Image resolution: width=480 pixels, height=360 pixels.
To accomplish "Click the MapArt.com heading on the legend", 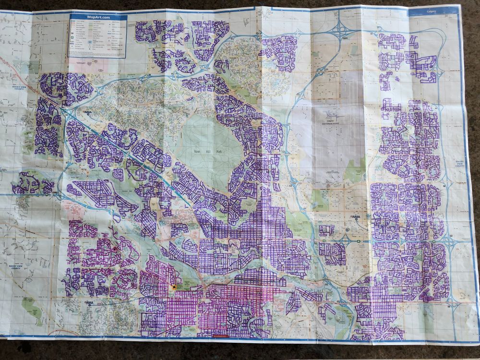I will point(98,17).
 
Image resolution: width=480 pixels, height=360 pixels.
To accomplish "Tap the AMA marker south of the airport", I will point(356,217).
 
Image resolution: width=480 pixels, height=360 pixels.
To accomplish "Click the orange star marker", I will point(173,286).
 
